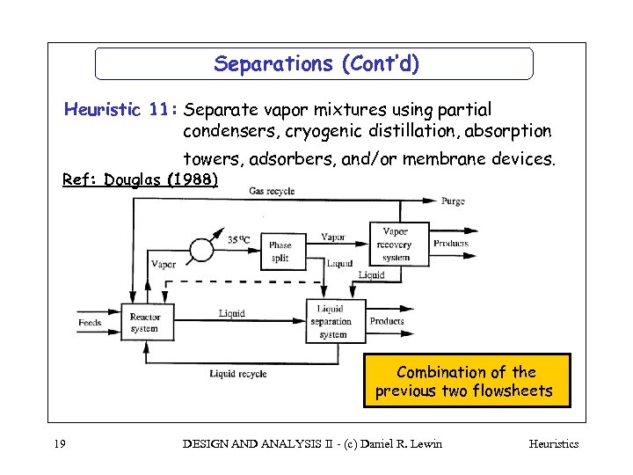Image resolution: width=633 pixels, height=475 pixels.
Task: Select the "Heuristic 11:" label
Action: pyautogui.click(x=121, y=110)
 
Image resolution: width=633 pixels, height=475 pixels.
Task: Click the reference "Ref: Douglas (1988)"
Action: pyautogui.click(x=140, y=179)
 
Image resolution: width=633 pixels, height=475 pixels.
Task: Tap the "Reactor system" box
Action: pyautogui.click(x=144, y=323)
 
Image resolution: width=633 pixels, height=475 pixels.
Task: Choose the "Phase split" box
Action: pyautogui.click(x=280, y=251)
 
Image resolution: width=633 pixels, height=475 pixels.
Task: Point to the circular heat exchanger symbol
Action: pyautogui.click(x=200, y=251)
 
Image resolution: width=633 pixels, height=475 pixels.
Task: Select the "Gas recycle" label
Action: pyautogui.click(x=272, y=192)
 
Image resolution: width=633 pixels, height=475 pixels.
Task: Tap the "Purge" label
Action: pyautogui.click(x=454, y=201)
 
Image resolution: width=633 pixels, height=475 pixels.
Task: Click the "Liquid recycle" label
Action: pyautogui.click(x=238, y=374)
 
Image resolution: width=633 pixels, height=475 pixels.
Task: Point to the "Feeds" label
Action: pyautogui.click(x=90, y=323)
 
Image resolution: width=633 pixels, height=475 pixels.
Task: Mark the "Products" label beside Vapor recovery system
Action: pyautogui.click(x=451, y=244)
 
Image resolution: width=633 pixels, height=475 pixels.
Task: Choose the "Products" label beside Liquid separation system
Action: pyautogui.click(x=387, y=322)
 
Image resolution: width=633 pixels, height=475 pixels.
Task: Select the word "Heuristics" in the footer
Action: pyautogui.click(x=553, y=443)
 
